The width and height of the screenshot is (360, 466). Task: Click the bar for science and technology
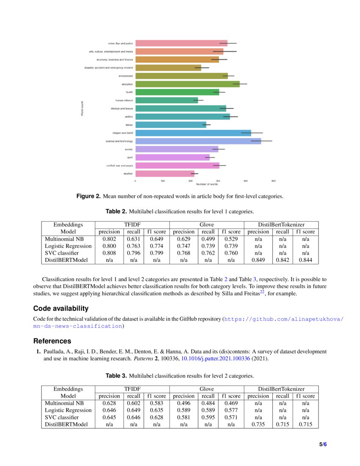[x=198, y=141]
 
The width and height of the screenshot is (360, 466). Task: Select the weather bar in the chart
[x=164, y=173]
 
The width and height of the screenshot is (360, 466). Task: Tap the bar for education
[x=187, y=84]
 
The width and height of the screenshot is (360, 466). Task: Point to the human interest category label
[x=124, y=100]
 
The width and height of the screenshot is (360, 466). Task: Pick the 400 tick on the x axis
[x=246, y=181]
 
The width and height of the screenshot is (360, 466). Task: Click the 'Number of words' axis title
[x=207, y=184]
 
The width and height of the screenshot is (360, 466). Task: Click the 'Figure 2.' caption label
[x=88, y=196]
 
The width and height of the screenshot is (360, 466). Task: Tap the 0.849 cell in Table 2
[x=258, y=260]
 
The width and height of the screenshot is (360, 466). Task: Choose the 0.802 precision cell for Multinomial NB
[x=109, y=239]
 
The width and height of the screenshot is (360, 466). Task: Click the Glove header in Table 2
[x=206, y=225]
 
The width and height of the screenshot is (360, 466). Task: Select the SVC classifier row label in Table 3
[x=62, y=418]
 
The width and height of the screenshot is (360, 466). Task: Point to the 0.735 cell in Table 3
[x=258, y=424]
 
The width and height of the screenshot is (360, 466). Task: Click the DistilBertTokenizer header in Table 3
[x=281, y=389]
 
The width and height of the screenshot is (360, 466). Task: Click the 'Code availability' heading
[x=61, y=308]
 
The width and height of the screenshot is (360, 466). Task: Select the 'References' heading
[x=52, y=341]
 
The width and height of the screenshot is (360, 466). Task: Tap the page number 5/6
[x=323, y=444]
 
